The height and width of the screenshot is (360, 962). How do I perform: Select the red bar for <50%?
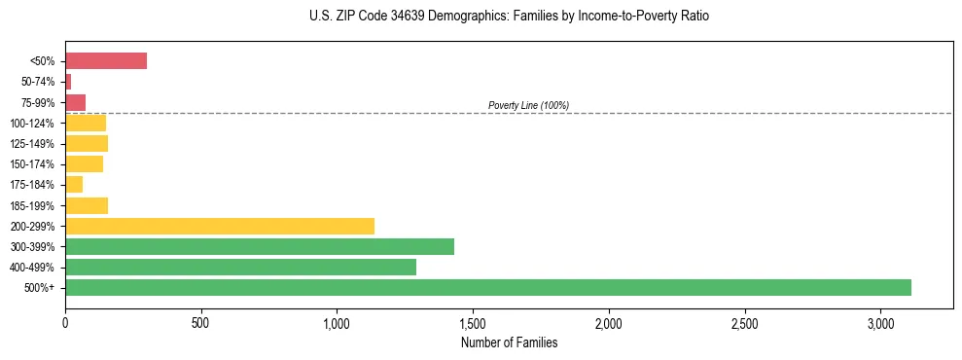point(106,61)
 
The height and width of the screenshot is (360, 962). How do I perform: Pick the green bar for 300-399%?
point(260,246)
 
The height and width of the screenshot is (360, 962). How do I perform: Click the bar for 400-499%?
point(240,267)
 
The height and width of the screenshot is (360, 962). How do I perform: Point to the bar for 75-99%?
point(76,102)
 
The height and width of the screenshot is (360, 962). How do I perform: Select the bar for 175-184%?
point(74,185)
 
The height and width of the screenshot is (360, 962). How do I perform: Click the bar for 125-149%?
point(87,144)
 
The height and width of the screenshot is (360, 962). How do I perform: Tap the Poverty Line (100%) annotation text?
point(528,105)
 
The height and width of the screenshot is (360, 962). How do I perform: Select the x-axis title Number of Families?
point(510,342)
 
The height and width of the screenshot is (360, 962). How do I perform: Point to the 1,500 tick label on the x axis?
point(473,323)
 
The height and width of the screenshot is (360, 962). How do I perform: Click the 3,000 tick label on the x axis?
point(880,323)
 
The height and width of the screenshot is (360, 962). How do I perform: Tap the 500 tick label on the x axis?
point(201,323)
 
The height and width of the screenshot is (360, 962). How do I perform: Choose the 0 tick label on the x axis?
point(65,323)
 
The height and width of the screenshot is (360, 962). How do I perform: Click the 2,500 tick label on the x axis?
point(744,323)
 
